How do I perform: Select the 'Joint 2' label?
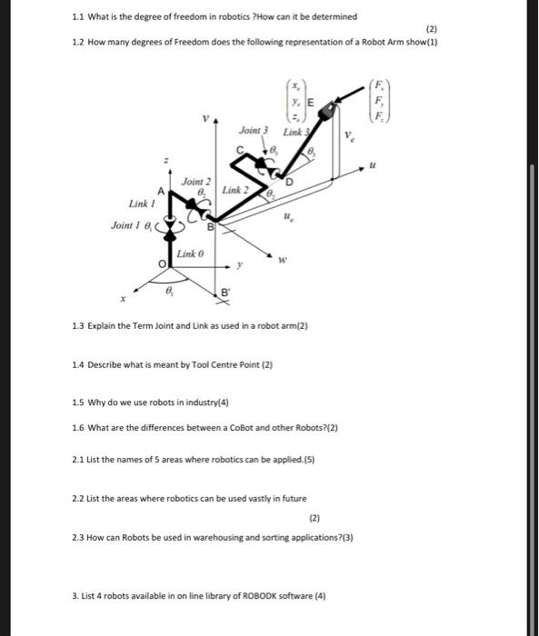click(195, 182)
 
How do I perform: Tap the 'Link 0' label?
click(189, 252)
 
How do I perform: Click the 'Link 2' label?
click(235, 190)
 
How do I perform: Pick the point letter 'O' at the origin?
click(164, 263)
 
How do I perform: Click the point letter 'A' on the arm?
click(161, 191)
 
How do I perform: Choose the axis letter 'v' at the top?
click(205, 118)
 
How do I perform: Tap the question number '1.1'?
click(78, 16)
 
